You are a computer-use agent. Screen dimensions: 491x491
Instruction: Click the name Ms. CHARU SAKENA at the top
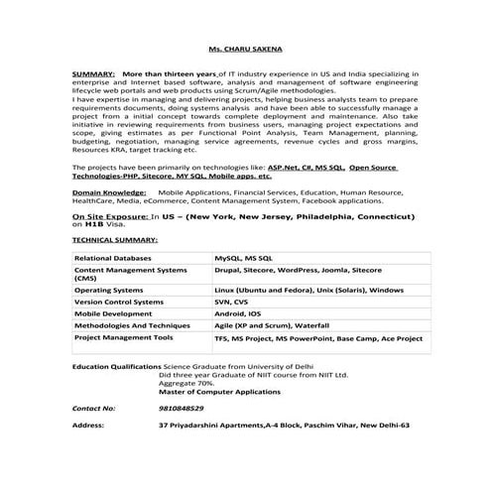(244, 48)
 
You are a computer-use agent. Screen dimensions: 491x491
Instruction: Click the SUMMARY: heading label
(93, 74)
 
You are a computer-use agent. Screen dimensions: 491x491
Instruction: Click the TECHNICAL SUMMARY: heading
(115, 240)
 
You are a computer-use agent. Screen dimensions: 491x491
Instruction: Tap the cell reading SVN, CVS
(233, 302)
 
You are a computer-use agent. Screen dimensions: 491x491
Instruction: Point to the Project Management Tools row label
(124, 337)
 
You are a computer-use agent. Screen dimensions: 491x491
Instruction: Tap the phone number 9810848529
(181, 408)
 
